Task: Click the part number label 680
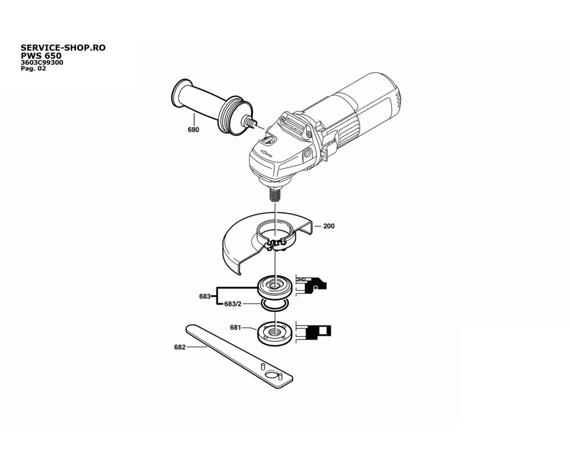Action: [x=193, y=130]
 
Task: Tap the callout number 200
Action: [x=329, y=226]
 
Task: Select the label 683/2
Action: [x=233, y=304]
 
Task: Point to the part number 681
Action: [x=235, y=328]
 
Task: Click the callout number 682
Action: [x=180, y=347]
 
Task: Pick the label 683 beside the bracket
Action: [x=205, y=296]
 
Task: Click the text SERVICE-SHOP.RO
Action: [x=63, y=48]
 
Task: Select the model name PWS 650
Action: [x=41, y=56]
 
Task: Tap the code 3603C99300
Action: [x=42, y=63]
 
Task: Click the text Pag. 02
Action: [x=34, y=68]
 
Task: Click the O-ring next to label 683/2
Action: [x=275, y=305]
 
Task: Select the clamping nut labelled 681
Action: [x=275, y=333]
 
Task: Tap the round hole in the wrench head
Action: [x=271, y=374]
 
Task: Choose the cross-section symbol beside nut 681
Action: [x=313, y=332]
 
